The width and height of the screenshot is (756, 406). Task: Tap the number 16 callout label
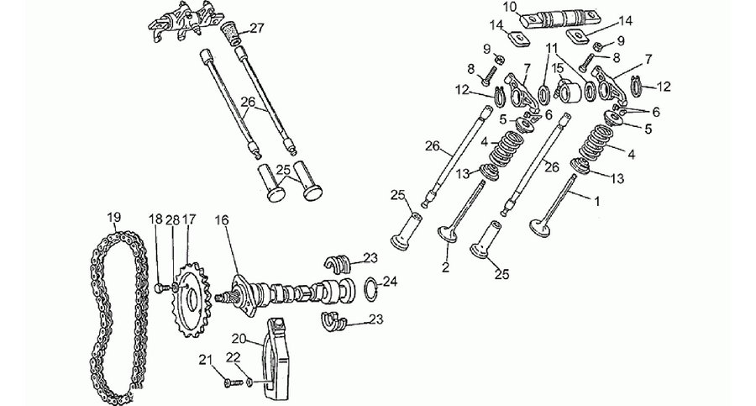point(222,220)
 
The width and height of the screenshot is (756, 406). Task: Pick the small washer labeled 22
point(249,382)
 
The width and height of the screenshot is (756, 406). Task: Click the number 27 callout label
point(258,29)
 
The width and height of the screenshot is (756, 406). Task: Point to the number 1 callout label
point(597,201)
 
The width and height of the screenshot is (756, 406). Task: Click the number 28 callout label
point(172,220)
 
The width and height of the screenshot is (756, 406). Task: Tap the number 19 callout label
point(113,217)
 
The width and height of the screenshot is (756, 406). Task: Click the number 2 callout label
point(445,267)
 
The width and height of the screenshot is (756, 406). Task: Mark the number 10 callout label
point(510,8)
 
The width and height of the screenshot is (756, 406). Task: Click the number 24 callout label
point(390,282)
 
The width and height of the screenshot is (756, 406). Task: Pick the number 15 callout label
point(558,68)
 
